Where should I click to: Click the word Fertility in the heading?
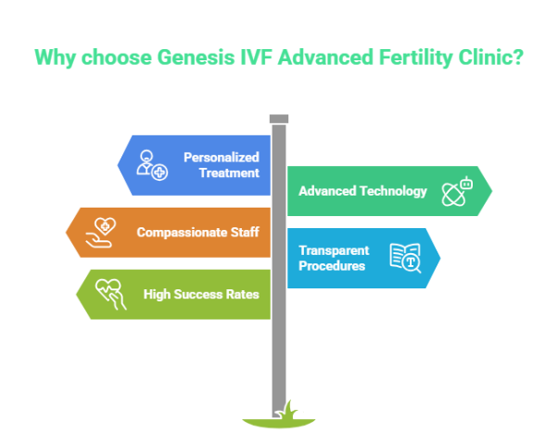407,57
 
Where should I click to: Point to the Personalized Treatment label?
221,165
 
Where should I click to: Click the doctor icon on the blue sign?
151,164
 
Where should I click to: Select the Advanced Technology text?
362,191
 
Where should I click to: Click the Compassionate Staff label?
197,232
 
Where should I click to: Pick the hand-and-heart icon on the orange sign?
103,232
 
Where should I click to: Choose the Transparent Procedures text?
334,258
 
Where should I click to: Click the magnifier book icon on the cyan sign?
406,258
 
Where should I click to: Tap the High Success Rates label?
201,294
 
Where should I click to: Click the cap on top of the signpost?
278,118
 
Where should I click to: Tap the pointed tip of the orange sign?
66,232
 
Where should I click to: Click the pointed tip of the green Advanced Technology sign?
491,191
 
